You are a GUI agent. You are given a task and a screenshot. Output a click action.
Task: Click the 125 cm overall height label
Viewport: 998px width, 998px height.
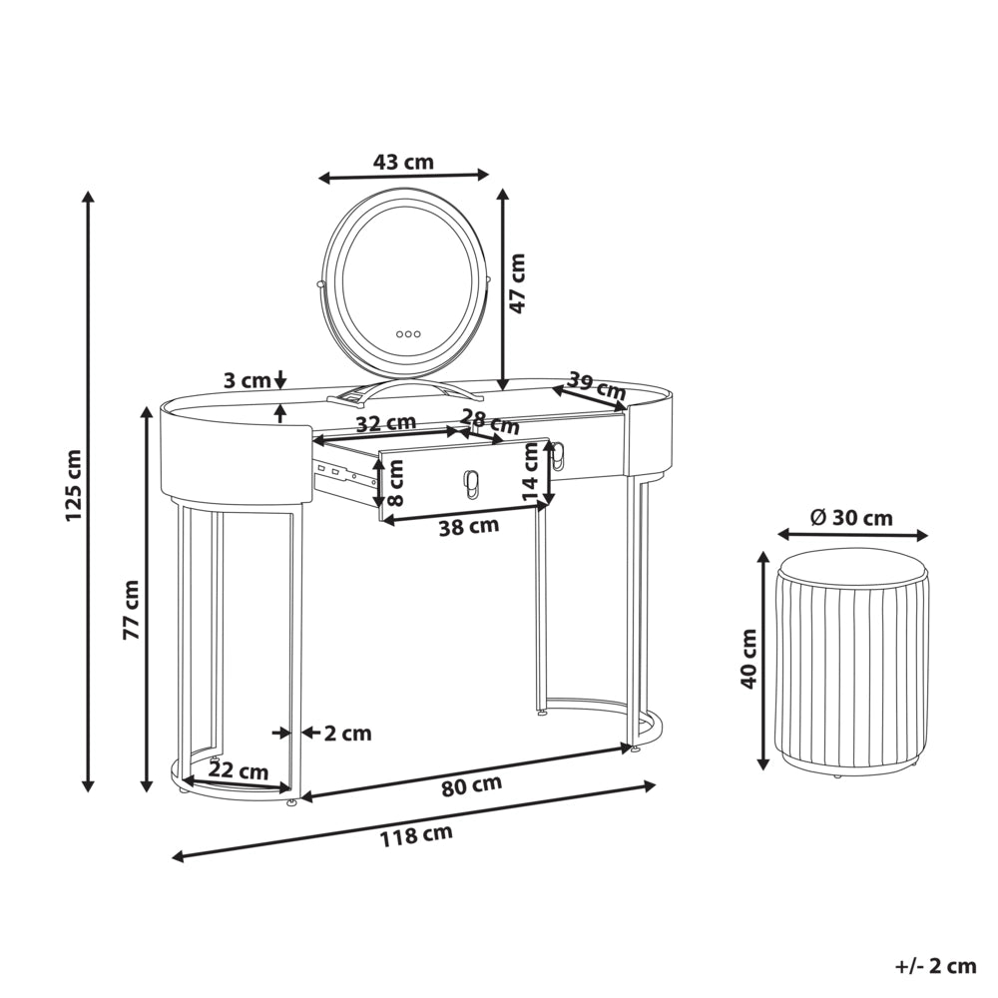74,485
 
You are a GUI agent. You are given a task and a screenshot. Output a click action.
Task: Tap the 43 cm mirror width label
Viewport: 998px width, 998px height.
403,163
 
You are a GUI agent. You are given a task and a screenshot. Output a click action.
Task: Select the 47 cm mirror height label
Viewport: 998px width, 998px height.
518,283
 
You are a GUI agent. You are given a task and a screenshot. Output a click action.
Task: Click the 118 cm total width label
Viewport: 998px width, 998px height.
416,834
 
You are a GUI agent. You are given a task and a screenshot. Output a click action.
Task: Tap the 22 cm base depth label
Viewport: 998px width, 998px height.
239,770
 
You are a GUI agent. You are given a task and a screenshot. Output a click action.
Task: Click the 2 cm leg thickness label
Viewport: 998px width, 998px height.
347,734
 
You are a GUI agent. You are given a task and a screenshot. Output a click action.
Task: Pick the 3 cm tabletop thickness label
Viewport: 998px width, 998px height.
248,381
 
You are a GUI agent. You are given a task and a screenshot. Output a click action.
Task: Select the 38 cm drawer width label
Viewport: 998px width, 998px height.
469,526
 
